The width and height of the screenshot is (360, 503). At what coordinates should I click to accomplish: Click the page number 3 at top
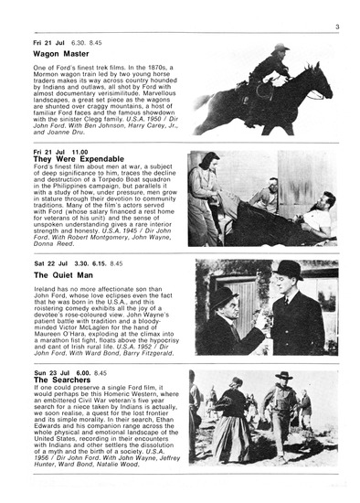[x=337, y=27]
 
